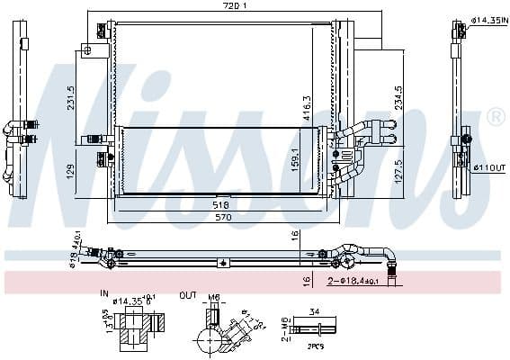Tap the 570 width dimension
pos(219,217)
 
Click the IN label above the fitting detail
pos(103,293)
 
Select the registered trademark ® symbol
pos(495,118)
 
